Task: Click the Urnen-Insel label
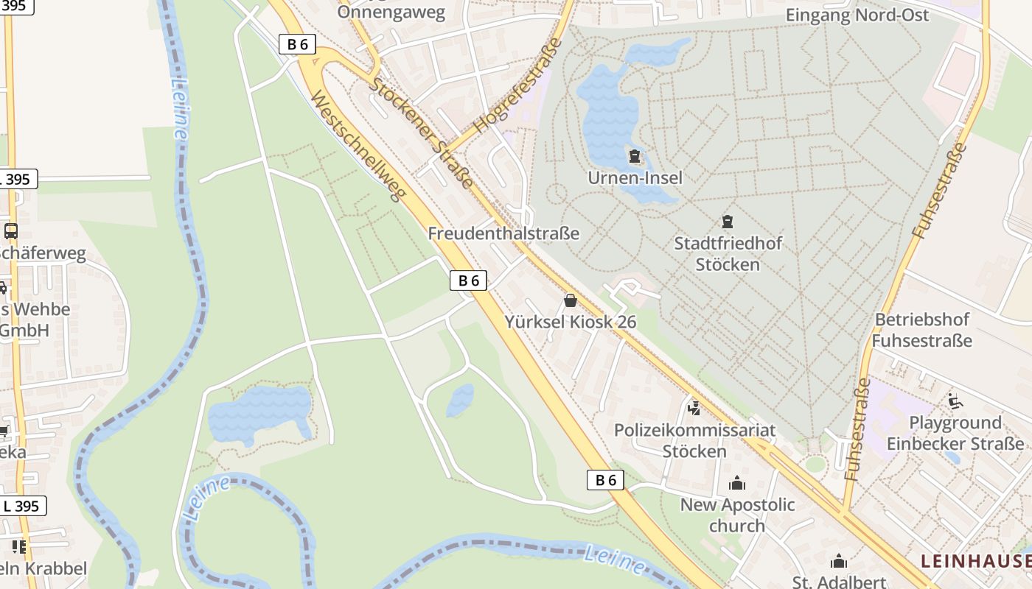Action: coord(635,177)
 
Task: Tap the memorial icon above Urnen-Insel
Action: coord(635,156)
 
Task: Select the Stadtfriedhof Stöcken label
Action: coord(728,253)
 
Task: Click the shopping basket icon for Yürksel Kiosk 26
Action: coord(570,300)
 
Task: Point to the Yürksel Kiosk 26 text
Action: coord(571,322)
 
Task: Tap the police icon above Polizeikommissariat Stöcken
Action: coord(694,408)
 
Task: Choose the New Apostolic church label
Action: coord(737,515)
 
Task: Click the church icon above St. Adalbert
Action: coord(839,562)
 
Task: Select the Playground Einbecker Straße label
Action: coord(955,433)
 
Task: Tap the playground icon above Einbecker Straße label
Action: coord(955,401)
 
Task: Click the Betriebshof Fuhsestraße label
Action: coord(921,330)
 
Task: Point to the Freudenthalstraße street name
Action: coord(503,233)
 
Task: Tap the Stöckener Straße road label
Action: coord(421,133)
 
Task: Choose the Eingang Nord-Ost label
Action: coord(857,15)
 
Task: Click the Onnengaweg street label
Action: coord(391,12)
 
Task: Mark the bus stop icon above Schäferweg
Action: coord(11,231)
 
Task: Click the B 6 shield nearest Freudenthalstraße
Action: coord(468,280)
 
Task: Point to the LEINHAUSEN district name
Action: coord(975,561)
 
